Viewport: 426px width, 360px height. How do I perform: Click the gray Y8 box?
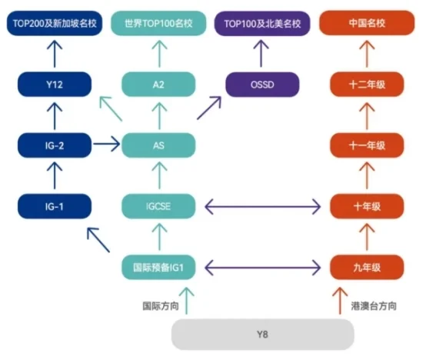click(263, 334)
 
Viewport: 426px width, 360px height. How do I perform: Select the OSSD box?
click(262, 85)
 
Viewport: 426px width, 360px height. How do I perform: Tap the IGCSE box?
click(158, 206)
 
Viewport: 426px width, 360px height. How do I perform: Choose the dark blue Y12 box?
click(55, 85)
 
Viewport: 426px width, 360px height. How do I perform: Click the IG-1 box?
click(55, 206)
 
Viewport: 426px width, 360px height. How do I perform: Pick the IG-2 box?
click(55, 145)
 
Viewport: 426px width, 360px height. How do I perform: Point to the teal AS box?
click(158, 145)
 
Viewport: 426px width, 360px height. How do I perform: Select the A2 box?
click(158, 85)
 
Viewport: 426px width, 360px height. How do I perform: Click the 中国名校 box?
click(367, 23)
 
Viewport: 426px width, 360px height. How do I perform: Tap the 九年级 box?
click(367, 268)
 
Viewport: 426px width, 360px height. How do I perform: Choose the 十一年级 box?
click(367, 145)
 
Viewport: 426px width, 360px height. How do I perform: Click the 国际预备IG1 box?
click(158, 268)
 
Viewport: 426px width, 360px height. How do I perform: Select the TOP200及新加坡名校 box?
click(55, 23)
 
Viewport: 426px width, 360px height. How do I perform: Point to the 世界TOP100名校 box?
click(158, 23)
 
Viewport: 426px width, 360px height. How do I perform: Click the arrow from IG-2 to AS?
click(106, 144)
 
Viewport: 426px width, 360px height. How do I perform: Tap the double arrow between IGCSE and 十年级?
click(263, 206)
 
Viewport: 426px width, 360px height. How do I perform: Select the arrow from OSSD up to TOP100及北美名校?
click(261, 54)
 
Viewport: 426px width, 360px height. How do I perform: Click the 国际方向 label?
click(161, 306)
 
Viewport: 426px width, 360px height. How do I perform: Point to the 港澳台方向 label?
click(374, 306)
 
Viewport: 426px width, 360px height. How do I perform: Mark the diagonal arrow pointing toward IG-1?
click(98, 240)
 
